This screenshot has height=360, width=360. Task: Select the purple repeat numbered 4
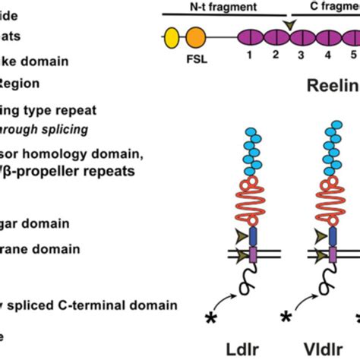327,36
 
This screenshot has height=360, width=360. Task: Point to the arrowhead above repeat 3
289,25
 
